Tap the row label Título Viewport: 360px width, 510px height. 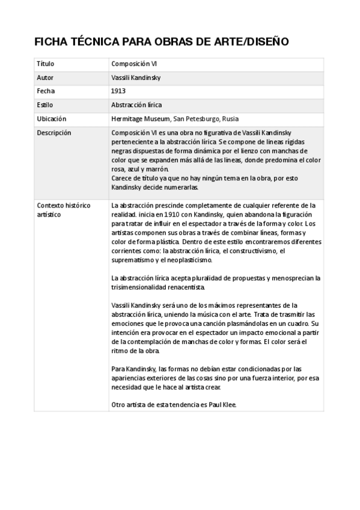tap(45, 64)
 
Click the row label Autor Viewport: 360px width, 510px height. tap(45, 78)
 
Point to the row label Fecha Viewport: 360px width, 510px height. tap(46, 91)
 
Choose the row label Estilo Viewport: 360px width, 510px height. tap(45, 105)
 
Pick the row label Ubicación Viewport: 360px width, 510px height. tap(51, 118)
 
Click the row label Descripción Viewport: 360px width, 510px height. tap(53, 132)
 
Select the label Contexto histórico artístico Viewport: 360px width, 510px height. tap(63, 209)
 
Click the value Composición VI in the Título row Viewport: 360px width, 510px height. tap(134, 64)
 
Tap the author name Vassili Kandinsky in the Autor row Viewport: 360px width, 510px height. tap(136, 78)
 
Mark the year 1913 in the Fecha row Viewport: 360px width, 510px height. tap(118, 91)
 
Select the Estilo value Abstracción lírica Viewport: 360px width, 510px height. tap(136, 105)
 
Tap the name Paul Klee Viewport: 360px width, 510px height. tap(223, 405)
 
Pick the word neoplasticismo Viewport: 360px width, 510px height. tap(189, 260)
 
